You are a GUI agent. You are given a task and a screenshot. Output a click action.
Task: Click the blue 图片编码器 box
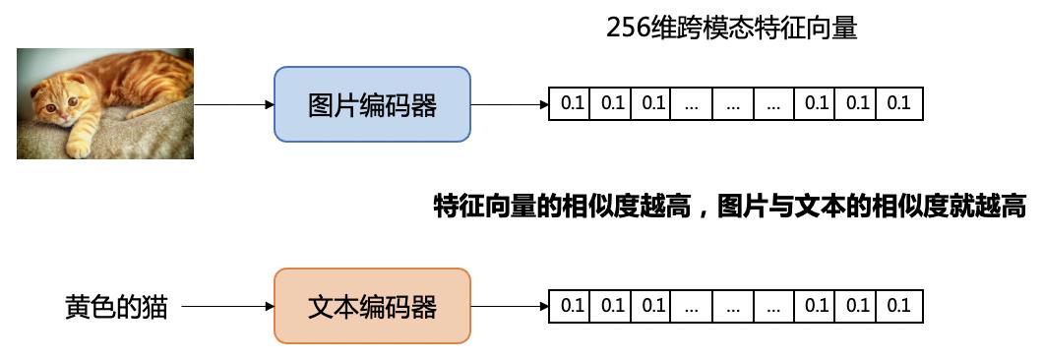click(372, 104)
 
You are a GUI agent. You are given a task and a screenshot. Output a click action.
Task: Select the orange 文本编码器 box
click(372, 306)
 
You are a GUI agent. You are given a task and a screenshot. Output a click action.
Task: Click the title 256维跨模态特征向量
click(732, 29)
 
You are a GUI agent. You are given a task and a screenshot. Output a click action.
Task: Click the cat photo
click(105, 103)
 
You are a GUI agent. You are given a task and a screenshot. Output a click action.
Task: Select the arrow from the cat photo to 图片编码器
click(234, 104)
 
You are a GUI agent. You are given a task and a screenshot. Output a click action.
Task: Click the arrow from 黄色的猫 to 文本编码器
click(227, 306)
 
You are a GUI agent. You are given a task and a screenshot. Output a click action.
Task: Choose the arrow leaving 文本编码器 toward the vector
click(510, 306)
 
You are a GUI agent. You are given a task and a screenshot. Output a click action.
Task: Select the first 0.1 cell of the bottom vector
click(572, 306)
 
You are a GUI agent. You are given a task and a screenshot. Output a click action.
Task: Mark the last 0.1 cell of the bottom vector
click(899, 306)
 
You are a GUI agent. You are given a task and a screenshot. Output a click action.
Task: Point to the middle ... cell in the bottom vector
click(733, 306)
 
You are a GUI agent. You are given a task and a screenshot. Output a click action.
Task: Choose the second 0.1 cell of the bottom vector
click(612, 306)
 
